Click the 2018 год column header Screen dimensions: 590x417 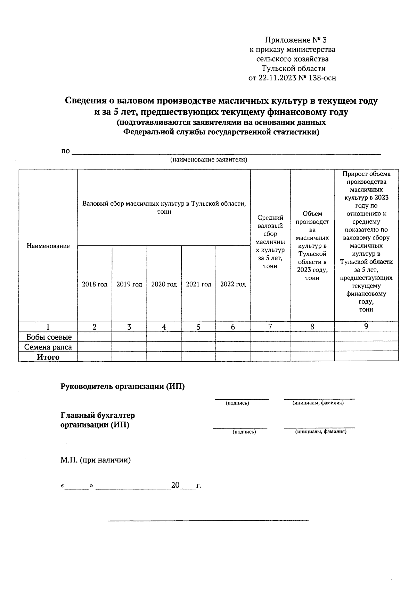pyautogui.click(x=95, y=284)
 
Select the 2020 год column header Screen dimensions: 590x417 pyautogui.click(x=164, y=284)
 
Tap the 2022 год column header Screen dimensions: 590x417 pyautogui.click(x=233, y=284)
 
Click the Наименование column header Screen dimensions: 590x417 pyautogui.click(x=48, y=246)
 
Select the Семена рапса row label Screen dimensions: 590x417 pyautogui.click(x=48, y=347)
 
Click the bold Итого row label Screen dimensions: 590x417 pyautogui.click(x=48, y=357)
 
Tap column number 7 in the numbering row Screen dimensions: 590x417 pyautogui.click(x=270, y=327)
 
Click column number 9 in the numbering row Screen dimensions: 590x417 pyautogui.click(x=366, y=326)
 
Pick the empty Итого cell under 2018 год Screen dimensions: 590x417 pyautogui.click(x=95, y=357)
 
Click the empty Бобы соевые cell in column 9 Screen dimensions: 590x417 pyautogui.click(x=366, y=337)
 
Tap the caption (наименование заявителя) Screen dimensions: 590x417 pyautogui.click(x=208, y=160)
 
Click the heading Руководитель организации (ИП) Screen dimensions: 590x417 pyautogui.click(x=122, y=386)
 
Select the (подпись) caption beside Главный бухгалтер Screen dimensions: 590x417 pyautogui.click(x=244, y=432)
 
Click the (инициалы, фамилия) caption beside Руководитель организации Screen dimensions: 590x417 pyautogui.click(x=318, y=403)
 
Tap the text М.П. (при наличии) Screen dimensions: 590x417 pyautogui.click(x=96, y=460)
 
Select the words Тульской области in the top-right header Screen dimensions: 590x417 pyautogui.click(x=294, y=69)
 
